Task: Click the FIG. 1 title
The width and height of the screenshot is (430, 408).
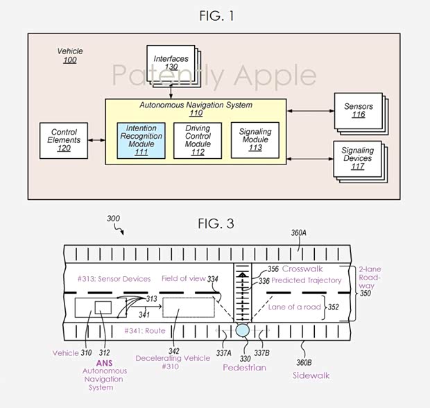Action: (x=214, y=15)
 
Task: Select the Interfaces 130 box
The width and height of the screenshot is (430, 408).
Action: (x=169, y=65)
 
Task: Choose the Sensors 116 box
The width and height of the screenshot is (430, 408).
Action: (x=357, y=112)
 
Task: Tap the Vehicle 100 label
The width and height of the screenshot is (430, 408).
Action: (x=70, y=56)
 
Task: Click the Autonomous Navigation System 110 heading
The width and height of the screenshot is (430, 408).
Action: (x=195, y=109)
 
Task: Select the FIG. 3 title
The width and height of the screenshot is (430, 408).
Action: (x=214, y=223)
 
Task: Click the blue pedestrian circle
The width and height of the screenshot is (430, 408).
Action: (x=241, y=330)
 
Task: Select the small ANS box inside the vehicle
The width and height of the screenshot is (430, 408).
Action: (x=103, y=307)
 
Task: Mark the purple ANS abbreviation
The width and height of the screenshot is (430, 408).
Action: (x=103, y=362)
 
